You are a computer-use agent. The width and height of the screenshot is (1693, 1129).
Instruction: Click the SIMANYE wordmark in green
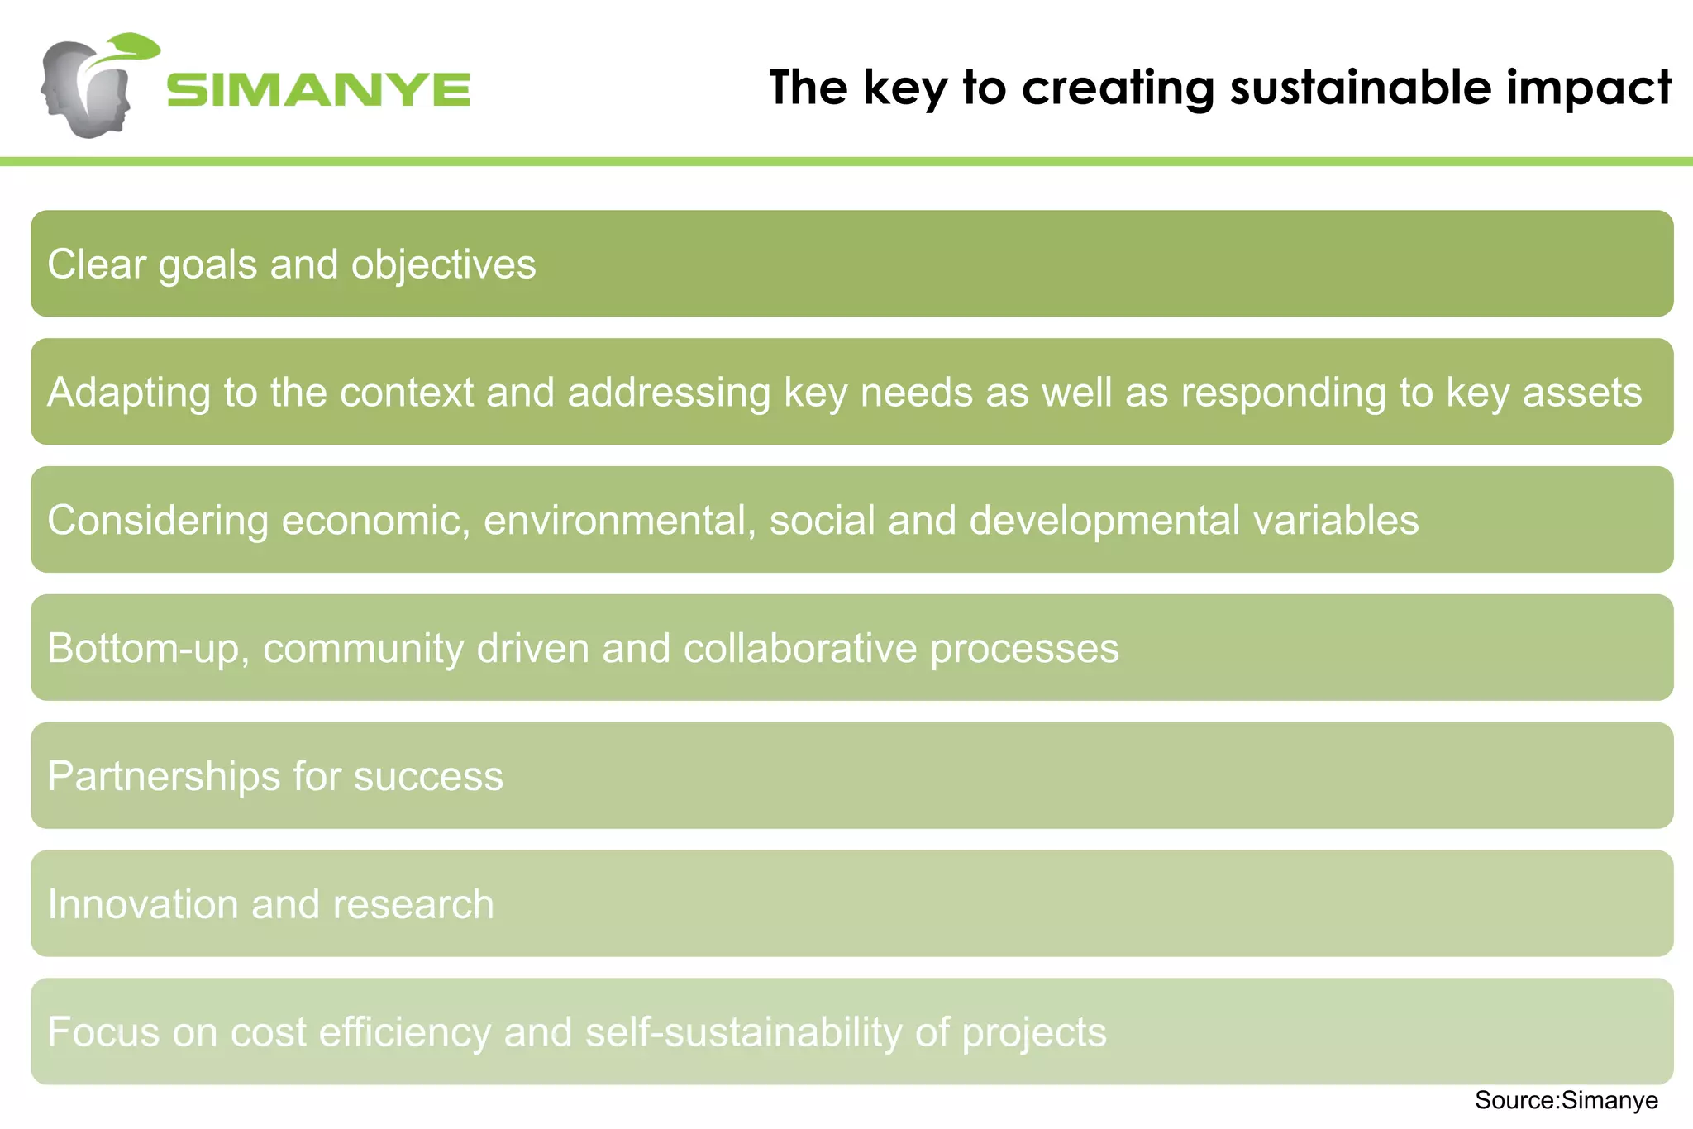pyautogui.click(x=318, y=89)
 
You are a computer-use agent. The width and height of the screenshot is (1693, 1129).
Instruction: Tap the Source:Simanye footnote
pyautogui.click(x=1566, y=1100)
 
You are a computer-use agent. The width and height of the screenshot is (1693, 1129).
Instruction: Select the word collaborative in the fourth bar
pyautogui.click(x=799, y=648)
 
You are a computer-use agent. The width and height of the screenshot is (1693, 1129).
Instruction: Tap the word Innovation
pyautogui.click(x=142, y=904)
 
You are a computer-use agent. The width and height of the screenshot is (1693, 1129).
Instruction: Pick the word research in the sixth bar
pyautogui.click(x=413, y=904)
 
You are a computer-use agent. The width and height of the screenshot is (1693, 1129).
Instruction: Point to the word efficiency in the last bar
pyautogui.click(x=403, y=1033)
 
